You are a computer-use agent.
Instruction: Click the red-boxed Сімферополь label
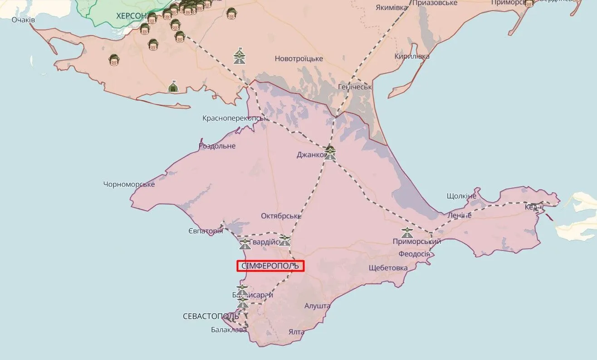click(270, 266)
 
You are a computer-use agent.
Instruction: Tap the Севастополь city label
click(210, 316)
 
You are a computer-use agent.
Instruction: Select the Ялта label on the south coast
click(296, 332)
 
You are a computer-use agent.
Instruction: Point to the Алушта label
click(318, 306)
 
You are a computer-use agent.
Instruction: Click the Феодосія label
click(414, 254)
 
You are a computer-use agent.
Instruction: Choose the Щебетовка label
click(388, 268)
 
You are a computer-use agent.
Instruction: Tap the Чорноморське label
click(129, 184)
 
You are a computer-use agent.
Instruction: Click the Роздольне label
click(217, 146)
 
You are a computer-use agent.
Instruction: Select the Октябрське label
click(281, 216)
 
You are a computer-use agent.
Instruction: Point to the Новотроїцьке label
click(299, 59)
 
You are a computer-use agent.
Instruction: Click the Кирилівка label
click(412, 56)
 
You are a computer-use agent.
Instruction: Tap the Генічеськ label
click(355, 87)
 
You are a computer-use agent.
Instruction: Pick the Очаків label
click(24, 20)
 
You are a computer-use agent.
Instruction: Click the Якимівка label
click(391, 7)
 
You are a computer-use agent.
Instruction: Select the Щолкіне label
click(461, 196)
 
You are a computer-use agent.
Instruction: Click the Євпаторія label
click(206, 231)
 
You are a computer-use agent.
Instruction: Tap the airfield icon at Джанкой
click(330, 153)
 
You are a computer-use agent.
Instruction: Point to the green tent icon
click(173, 86)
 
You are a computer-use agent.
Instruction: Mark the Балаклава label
click(229, 330)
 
